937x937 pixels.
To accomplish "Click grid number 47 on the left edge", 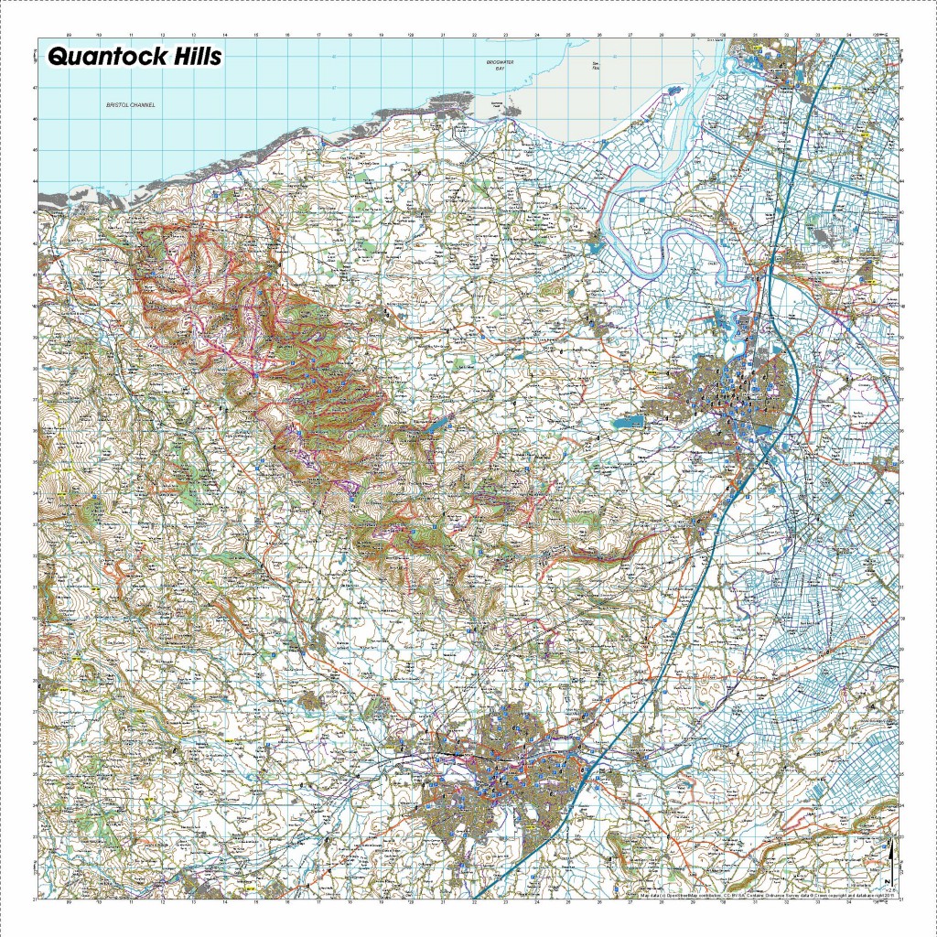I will (x=35, y=89).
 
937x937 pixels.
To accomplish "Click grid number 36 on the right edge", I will (x=902, y=431).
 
